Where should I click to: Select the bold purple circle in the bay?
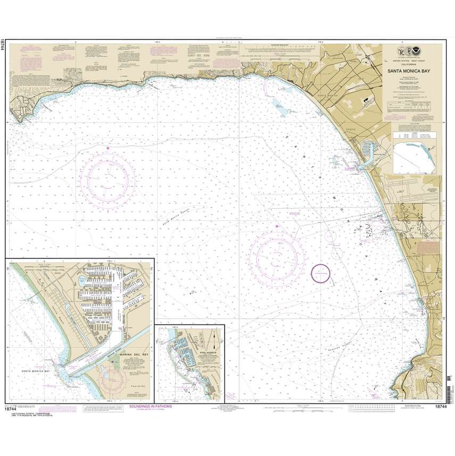[x=320, y=273]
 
